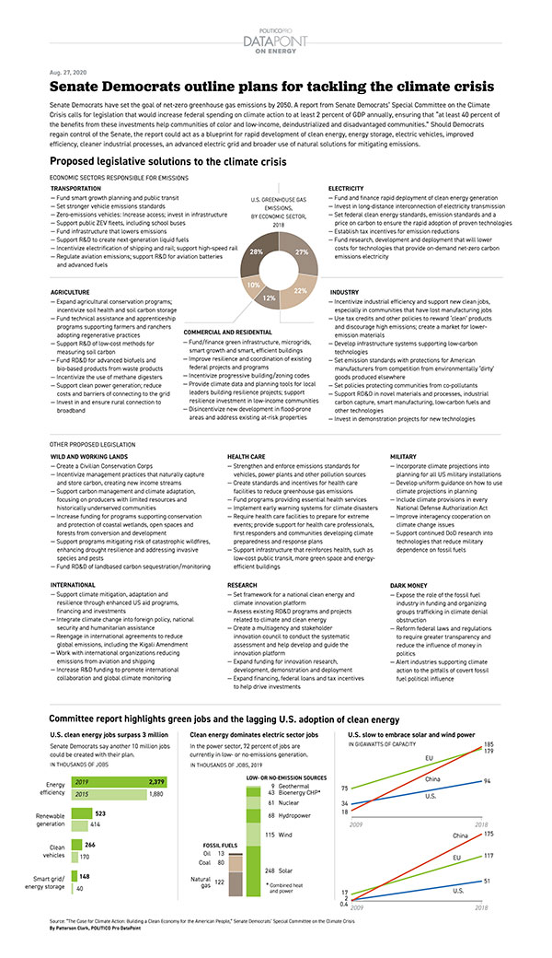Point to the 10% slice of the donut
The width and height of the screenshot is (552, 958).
(253, 286)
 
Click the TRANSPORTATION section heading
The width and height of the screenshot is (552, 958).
(76, 188)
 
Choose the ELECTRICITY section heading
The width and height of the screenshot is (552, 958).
(346, 188)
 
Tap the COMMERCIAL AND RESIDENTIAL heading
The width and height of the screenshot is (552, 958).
(227, 332)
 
